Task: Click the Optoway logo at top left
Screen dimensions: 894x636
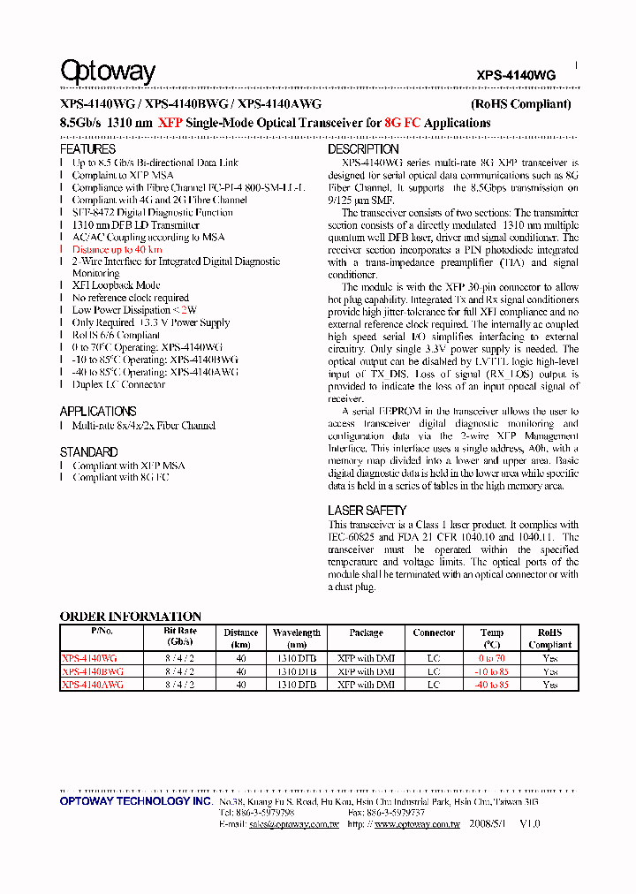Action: (108, 71)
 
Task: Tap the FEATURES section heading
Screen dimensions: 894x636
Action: (87, 149)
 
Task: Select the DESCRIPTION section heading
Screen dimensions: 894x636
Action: (363, 149)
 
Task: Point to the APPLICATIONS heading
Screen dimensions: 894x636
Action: (98, 411)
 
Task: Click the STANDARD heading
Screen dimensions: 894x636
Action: (89, 451)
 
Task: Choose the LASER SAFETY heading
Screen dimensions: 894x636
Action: (367, 511)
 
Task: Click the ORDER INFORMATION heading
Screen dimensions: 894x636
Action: (131, 616)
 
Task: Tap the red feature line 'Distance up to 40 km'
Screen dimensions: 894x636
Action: (117, 249)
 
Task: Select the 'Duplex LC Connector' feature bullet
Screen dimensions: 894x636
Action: (118, 384)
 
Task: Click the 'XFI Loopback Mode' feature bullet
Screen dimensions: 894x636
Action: (116, 285)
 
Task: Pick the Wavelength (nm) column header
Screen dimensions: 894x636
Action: (297, 638)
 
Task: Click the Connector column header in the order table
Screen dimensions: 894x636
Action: (434, 633)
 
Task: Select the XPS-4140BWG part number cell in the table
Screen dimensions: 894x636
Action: (93, 671)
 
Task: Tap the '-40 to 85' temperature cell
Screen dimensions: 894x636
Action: (492, 685)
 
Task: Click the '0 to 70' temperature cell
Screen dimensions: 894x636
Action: (492, 658)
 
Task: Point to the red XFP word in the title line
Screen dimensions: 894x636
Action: (170, 123)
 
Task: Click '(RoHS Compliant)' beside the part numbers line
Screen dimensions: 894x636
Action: (520, 103)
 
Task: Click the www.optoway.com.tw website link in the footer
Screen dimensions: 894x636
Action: (417, 823)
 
